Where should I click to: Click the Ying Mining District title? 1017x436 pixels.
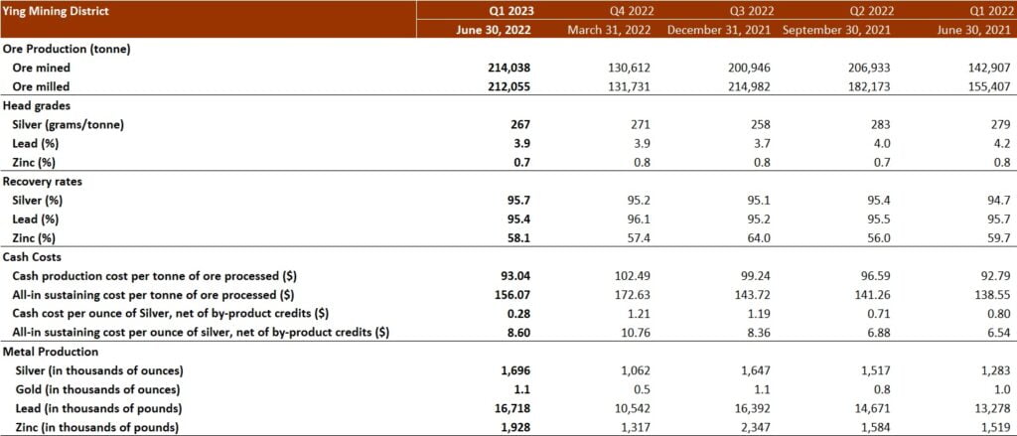click(x=57, y=11)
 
